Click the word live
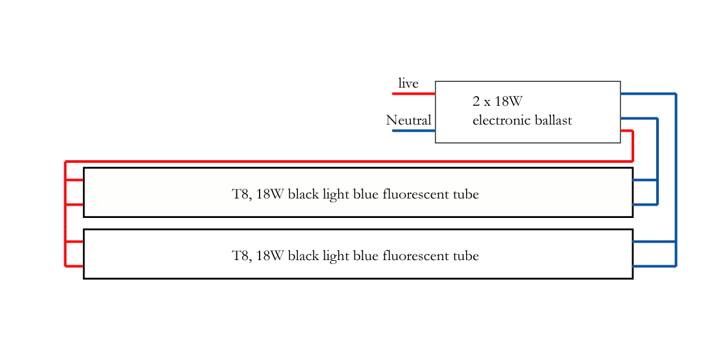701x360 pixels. (408, 83)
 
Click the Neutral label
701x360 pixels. (408, 120)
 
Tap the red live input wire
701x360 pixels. (413, 93)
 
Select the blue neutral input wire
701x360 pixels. (413, 130)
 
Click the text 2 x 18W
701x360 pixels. (498, 101)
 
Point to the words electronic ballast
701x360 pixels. (522, 120)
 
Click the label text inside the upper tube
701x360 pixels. (355, 194)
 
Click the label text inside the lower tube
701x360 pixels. (355, 256)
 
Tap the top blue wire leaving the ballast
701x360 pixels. (648, 93)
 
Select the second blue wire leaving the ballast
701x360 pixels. (639, 118)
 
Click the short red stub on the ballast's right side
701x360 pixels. (626, 131)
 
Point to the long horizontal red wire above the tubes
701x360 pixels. (350, 161)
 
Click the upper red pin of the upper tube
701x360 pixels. (75, 180)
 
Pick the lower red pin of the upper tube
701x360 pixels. (75, 204)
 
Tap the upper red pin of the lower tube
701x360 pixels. (75, 241)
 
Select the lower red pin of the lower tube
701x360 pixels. (75, 266)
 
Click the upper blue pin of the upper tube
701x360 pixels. (645, 180)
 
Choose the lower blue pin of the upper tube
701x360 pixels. (645, 204)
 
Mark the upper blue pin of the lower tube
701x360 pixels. (654, 241)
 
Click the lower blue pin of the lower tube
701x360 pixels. (654, 266)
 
